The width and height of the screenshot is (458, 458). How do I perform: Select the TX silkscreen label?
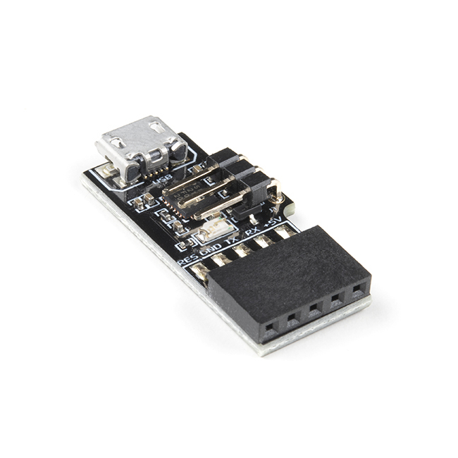(x=230, y=239)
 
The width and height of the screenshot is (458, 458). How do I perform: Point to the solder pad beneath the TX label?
(x=242, y=249)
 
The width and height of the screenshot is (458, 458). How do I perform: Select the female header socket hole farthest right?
(x=360, y=288)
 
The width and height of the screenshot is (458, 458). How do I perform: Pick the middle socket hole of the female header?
(x=314, y=309)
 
